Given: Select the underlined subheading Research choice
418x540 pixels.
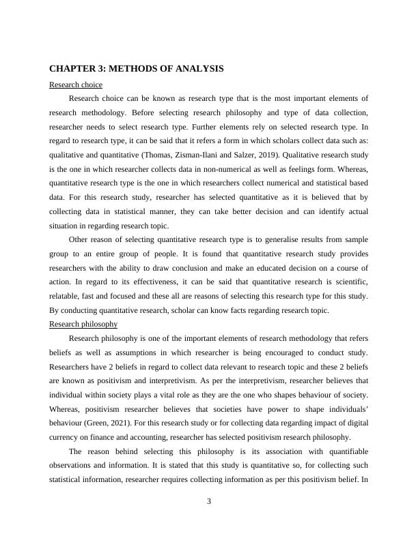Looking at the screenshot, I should pos(76,85).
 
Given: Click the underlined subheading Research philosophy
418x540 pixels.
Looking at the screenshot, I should pos(83,324).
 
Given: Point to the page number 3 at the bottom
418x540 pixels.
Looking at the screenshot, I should pos(209,502).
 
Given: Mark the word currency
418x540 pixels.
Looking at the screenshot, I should pos(66,437).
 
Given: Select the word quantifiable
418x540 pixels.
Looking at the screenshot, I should pos(344,451).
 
